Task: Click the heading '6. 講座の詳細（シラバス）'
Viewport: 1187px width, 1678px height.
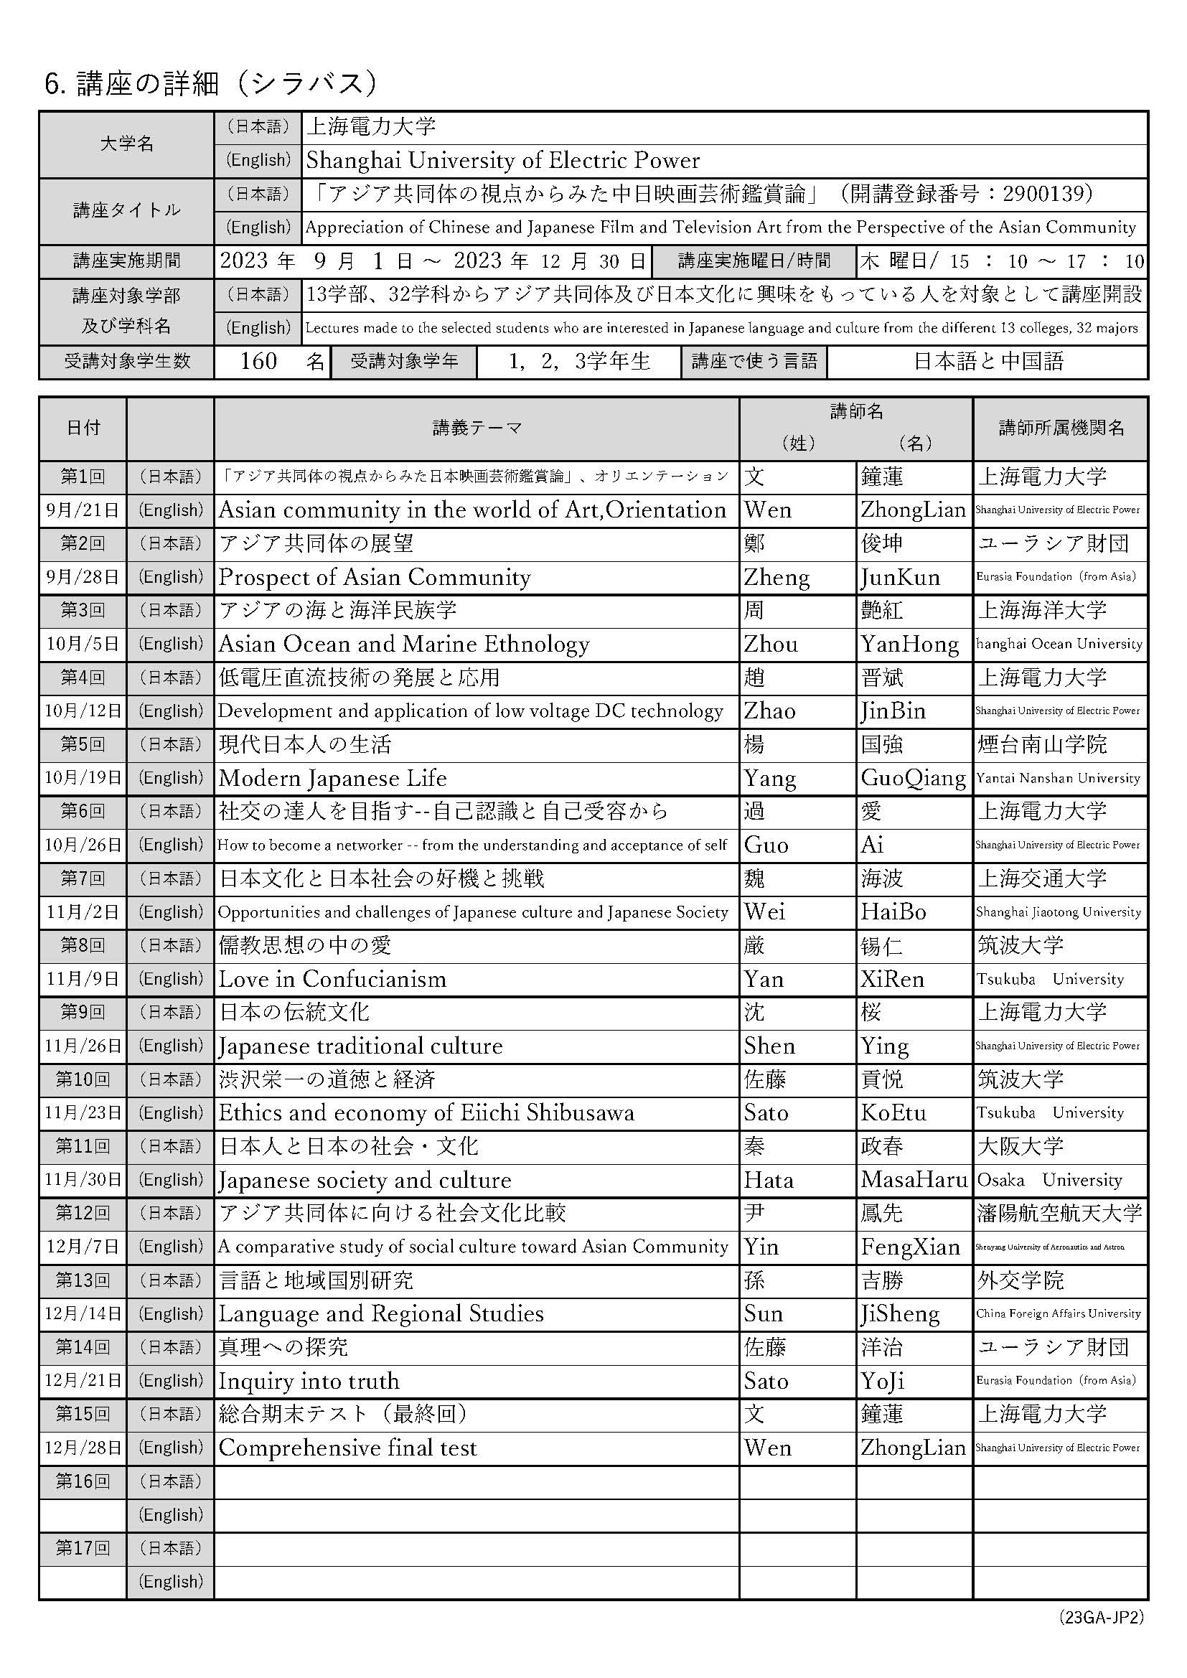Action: [211, 84]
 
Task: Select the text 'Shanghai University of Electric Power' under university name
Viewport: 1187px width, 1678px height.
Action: [503, 160]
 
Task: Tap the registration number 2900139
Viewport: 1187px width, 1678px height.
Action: [1047, 194]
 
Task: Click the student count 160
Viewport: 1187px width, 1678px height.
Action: [259, 361]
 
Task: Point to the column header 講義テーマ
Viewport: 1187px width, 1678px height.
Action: [477, 428]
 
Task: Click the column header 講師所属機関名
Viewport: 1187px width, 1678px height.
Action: [1061, 428]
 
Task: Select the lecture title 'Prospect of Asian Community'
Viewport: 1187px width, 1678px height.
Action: [374, 577]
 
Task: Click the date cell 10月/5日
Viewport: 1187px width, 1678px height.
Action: [83, 644]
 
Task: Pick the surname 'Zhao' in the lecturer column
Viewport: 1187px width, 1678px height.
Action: [769, 711]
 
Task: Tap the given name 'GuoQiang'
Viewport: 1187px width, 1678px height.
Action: [913, 778]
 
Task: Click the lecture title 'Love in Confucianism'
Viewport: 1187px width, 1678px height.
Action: [332, 980]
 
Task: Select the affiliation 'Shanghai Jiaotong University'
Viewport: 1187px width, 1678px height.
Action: [1059, 912]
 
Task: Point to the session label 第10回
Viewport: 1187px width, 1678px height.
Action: [83, 1079]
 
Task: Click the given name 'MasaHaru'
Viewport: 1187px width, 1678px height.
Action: [914, 1181]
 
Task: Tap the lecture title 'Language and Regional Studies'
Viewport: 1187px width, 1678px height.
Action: [381, 1314]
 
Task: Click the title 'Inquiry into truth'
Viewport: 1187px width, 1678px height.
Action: [309, 1382]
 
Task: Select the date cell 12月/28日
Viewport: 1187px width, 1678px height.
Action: [83, 1448]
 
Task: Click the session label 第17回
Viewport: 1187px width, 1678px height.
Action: [83, 1548]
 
